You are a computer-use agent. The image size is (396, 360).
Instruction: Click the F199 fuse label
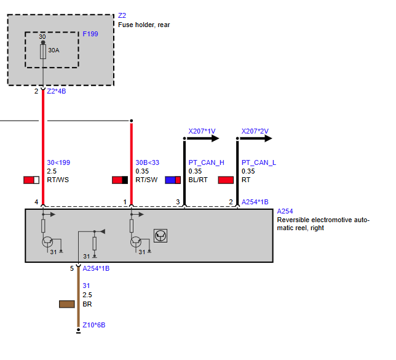tap(90, 34)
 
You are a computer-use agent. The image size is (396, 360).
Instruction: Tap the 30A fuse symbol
tap(43, 52)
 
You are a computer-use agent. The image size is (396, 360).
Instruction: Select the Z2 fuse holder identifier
tap(122, 15)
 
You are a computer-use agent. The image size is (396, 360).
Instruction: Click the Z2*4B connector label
tap(57, 91)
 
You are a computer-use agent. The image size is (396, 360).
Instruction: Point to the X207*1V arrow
tap(203, 138)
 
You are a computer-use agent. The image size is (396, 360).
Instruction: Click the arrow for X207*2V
tap(256, 138)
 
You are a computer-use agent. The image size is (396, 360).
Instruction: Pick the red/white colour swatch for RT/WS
tap(31, 180)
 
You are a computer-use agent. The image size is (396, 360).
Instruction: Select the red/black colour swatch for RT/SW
tap(120, 180)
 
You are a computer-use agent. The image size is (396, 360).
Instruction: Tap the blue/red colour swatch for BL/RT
tap(173, 180)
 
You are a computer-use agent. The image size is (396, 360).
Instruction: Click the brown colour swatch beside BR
tap(67, 304)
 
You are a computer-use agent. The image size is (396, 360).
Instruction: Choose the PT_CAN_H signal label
tap(207, 162)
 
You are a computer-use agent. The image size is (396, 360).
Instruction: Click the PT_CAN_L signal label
tap(259, 162)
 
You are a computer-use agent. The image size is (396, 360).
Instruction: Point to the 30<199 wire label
tap(58, 162)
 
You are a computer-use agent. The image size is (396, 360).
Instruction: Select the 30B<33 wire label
tap(148, 162)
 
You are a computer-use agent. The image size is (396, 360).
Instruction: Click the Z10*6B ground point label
tap(94, 325)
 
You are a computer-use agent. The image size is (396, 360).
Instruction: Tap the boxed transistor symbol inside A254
tap(160, 236)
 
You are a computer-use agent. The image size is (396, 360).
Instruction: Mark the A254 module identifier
tap(285, 211)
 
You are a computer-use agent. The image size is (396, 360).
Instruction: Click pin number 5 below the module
tap(72, 268)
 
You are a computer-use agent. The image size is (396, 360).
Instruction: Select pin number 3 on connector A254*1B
tap(178, 202)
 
